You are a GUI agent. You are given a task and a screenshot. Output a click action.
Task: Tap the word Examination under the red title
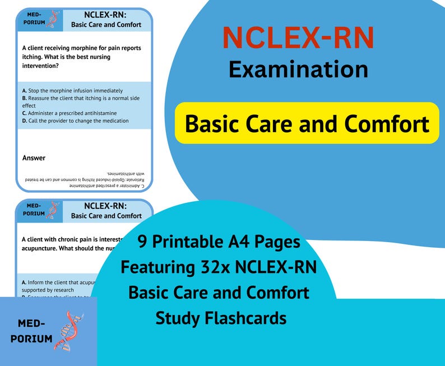pyautogui.click(x=298, y=69)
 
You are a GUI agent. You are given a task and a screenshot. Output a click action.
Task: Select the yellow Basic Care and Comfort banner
pyautogui.click(x=307, y=123)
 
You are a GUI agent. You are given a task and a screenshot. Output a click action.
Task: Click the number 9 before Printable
pyautogui.click(x=143, y=242)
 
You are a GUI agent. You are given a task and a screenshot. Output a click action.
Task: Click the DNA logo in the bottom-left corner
pyautogui.click(x=69, y=331)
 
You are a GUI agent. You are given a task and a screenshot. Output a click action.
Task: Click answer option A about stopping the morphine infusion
pyautogui.click(x=72, y=90)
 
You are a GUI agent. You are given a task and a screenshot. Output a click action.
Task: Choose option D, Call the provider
pyautogui.click(x=75, y=121)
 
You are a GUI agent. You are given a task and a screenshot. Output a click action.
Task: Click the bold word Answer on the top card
pyautogui.click(x=34, y=158)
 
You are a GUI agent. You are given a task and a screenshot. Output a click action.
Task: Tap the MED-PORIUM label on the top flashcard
pyautogui.click(x=34, y=18)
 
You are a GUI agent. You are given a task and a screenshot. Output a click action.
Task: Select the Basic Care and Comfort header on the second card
pyautogui.click(x=106, y=216)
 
